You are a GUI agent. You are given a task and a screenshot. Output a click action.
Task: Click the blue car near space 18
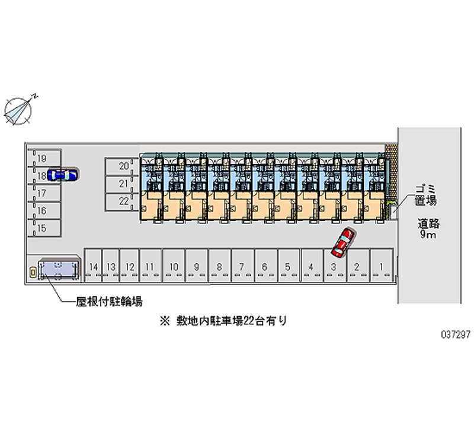pyautogui.click(x=63, y=174)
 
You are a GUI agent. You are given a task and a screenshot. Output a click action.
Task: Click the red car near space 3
pyautogui.click(x=343, y=242)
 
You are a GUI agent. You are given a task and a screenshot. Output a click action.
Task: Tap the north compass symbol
pyautogui.click(x=19, y=110)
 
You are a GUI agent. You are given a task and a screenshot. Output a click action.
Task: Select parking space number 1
pyautogui.click(x=382, y=265)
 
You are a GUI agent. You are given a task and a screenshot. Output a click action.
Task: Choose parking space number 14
pyautogui.click(x=93, y=265)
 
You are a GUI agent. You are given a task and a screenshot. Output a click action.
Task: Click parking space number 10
pyautogui.click(x=174, y=265)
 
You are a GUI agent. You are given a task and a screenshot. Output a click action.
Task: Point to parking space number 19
pyautogui.click(x=44, y=158)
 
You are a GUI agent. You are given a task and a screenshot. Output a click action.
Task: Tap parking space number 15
pyautogui.click(x=44, y=228)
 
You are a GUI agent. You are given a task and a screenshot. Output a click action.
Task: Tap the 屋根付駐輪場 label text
pyautogui.click(x=109, y=302)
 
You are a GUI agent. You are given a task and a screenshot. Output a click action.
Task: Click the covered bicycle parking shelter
pyautogui.click(x=59, y=269)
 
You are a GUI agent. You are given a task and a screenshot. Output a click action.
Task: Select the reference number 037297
pyautogui.click(x=456, y=334)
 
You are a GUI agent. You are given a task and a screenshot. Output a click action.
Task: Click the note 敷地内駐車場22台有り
pyautogui.click(x=224, y=321)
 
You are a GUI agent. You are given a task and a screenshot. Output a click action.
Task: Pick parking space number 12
pyautogui.click(x=129, y=265)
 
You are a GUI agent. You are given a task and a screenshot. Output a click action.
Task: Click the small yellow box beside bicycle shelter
pyautogui.click(x=33, y=273)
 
